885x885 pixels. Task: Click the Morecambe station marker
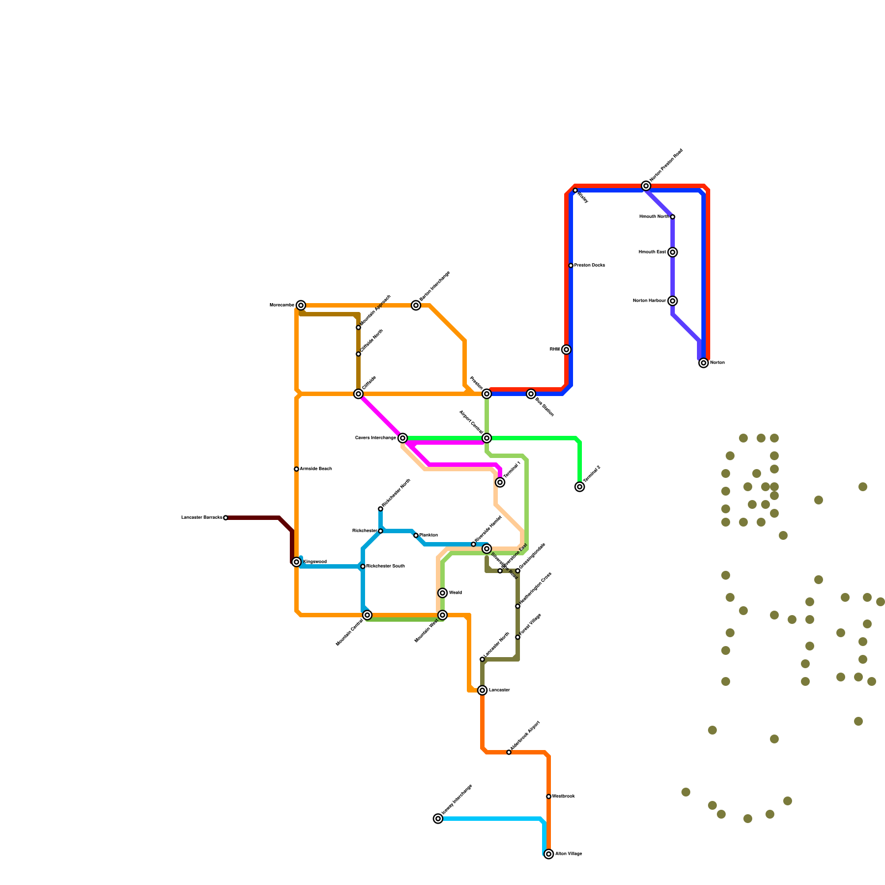pyautogui.click(x=300, y=305)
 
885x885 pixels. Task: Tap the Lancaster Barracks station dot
pyautogui.click(x=226, y=518)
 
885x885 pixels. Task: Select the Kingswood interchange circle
pyautogui.click(x=296, y=562)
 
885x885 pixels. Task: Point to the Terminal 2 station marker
pyautogui.click(x=580, y=487)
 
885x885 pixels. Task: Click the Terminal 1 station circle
pyautogui.click(x=500, y=482)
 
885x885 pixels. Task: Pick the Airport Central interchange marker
pyautogui.click(x=487, y=438)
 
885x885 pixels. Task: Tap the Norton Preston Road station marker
pyautogui.click(x=646, y=186)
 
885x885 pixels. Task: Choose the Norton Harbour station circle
pyautogui.click(x=673, y=301)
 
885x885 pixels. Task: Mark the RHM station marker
pyautogui.click(x=566, y=350)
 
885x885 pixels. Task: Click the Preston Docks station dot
pyautogui.click(x=571, y=265)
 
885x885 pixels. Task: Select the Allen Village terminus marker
pyautogui.click(x=549, y=854)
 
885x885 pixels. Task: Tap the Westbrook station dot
pyautogui.click(x=549, y=796)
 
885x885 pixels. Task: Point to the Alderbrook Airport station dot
pyautogui.click(x=509, y=752)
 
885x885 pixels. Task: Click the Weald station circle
pyautogui.click(x=442, y=593)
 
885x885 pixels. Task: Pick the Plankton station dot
pyautogui.click(x=416, y=535)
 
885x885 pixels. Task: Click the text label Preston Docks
pyautogui.click(x=590, y=265)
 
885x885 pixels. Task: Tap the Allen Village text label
pyautogui.click(x=569, y=854)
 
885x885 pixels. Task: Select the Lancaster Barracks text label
pyautogui.click(x=201, y=518)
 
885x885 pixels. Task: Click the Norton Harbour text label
pyautogui.click(x=649, y=301)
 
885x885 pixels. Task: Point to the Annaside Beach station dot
pyautogui.click(x=296, y=469)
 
